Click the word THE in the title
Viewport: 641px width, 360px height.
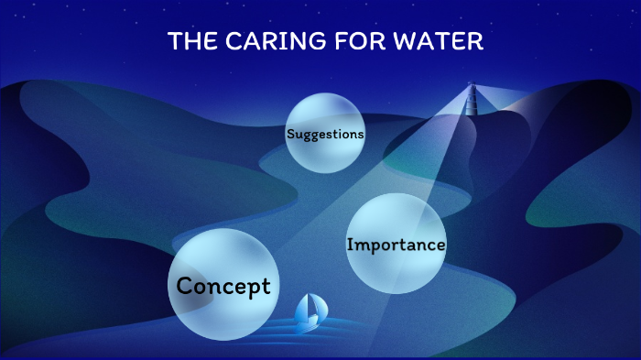click(190, 42)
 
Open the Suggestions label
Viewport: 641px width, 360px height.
click(325, 134)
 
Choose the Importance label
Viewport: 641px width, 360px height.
click(396, 245)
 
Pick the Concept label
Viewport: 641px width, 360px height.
click(223, 286)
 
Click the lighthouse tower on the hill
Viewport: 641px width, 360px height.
click(473, 101)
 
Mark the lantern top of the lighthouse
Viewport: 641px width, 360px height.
click(473, 88)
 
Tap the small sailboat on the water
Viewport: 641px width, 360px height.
click(309, 314)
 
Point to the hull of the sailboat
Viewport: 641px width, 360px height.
click(307, 325)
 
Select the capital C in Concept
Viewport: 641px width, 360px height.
click(184, 285)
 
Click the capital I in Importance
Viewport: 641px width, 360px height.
click(350, 245)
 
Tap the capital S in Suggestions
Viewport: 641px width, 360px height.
click(290, 134)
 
